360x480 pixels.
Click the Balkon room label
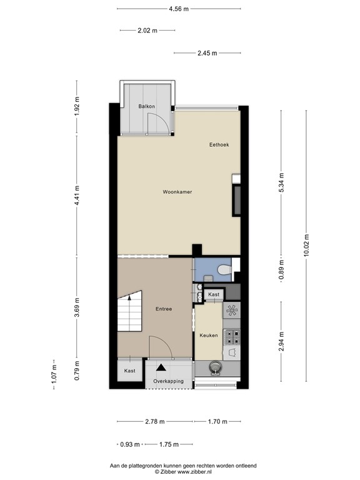pos(146,107)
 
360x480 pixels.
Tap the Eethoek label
pos(219,144)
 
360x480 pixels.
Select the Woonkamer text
pos(177,192)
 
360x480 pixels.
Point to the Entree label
pos(164,309)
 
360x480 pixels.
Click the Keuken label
pos(209,336)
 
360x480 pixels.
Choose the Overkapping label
pos(169,381)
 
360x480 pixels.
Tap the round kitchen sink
pos(217,367)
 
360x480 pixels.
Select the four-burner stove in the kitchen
pos(232,337)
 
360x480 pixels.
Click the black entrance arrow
pos(161,369)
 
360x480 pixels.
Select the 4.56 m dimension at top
pos(179,9)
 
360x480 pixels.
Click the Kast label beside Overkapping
pos(129,371)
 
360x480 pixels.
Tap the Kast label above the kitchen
pos(214,294)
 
